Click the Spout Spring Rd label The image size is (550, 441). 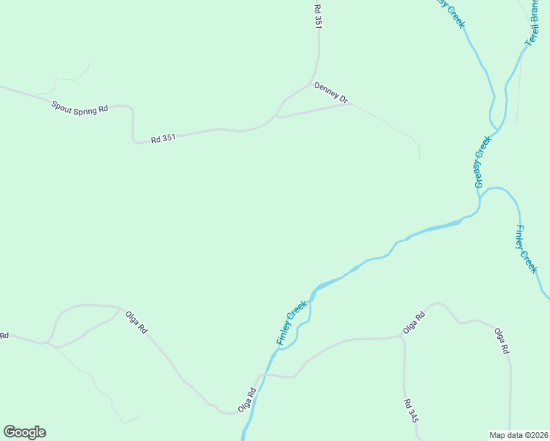(x=79, y=107)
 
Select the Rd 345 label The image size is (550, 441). (x=410, y=409)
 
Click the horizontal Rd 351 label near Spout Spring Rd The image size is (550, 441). (x=163, y=137)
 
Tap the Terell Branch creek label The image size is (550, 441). (x=533, y=26)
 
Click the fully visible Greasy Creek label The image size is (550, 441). (x=482, y=161)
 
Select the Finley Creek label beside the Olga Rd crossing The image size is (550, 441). (x=291, y=323)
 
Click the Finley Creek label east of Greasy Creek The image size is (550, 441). (x=526, y=249)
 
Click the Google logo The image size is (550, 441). (x=24, y=432)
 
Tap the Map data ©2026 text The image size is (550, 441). (x=519, y=434)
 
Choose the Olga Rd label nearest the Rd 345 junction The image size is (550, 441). (x=414, y=323)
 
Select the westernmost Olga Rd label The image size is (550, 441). (x=137, y=320)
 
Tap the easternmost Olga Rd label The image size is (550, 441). (x=501, y=341)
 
